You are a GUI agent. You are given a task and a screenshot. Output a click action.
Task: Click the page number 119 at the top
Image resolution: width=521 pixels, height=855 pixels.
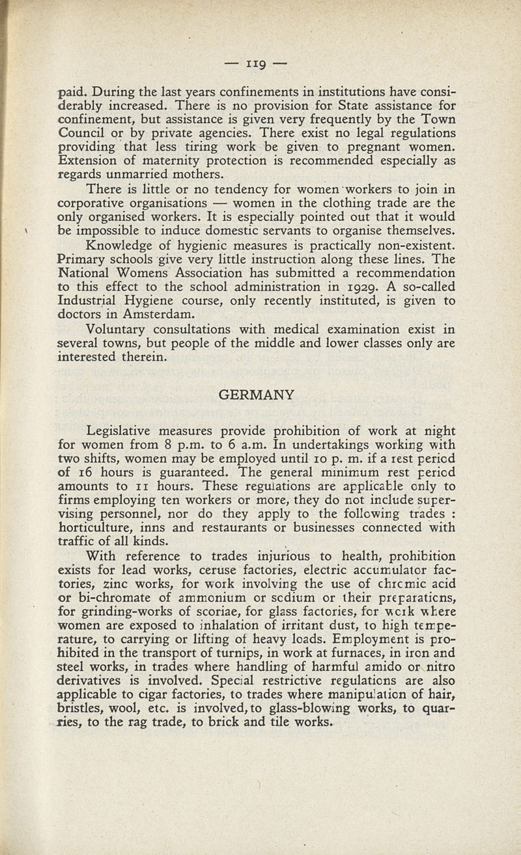(260, 65)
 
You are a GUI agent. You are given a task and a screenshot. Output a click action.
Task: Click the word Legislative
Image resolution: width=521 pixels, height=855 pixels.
(123, 431)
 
